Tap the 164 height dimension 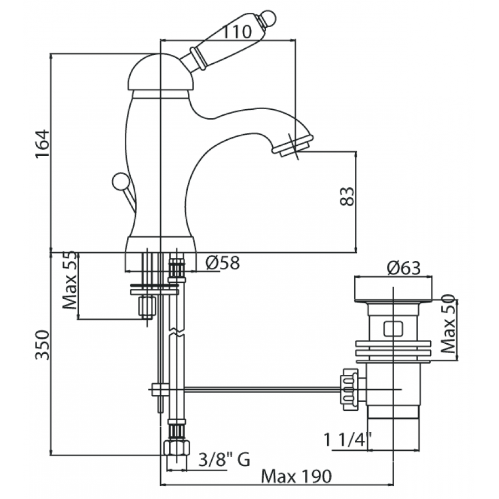(x=42, y=143)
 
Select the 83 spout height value (x=347, y=196)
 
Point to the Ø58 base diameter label (x=222, y=263)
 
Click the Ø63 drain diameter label (x=404, y=268)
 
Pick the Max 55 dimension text (x=70, y=280)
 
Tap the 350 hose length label (x=42, y=345)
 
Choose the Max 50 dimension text (x=449, y=324)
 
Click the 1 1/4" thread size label (x=348, y=440)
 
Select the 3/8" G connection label (x=225, y=460)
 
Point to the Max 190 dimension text (x=296, y=476)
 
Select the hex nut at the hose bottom (x=176, y=448)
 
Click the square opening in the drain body (x=393, y=329)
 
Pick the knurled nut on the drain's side (x=349, y=390)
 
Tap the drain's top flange (x=393, y=289)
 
